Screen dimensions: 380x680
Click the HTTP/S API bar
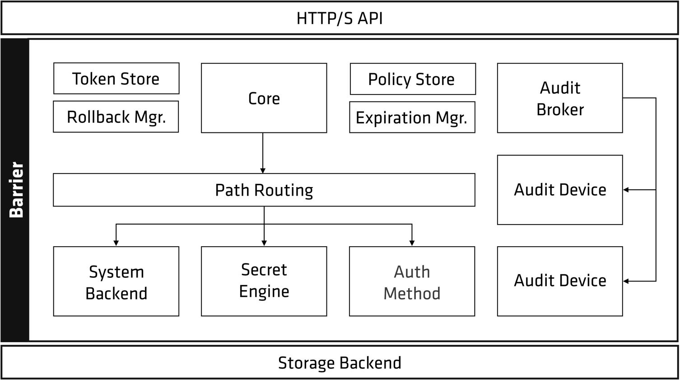(x=340, y=18)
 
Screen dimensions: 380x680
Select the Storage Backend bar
(x=340, y=363)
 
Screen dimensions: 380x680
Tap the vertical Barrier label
(x=16, y=190)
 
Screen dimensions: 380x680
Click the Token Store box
(x=116, y=79)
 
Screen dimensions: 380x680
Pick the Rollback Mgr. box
(x=116, y=117)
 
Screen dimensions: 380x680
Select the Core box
(x=264, y=98)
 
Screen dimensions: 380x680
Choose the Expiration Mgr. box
(x=412, y=117)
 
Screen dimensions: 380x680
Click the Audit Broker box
(x=560, y=98)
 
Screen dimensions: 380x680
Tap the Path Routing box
(x=264, y=190)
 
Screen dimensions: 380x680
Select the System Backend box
(x=116, y=281)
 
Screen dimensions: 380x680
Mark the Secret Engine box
(x=264, y=281)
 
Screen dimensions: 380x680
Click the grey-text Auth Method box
(x=412, y=281)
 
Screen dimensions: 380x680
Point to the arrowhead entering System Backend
(x=116, y=243)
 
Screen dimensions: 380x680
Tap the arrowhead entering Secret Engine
(x=264, y=243)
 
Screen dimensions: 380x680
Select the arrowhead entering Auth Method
(x=412, y=243)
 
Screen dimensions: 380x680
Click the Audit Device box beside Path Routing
(x=560, y=190)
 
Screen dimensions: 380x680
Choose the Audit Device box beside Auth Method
(x=560, y=281)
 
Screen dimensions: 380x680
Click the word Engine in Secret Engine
(x=264, y=291)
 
